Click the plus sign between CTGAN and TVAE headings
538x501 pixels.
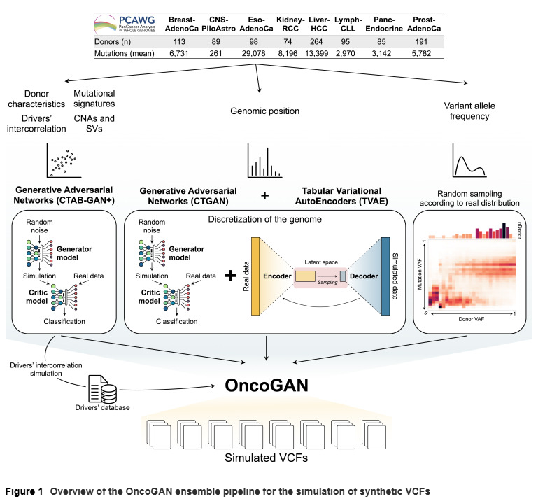264,197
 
